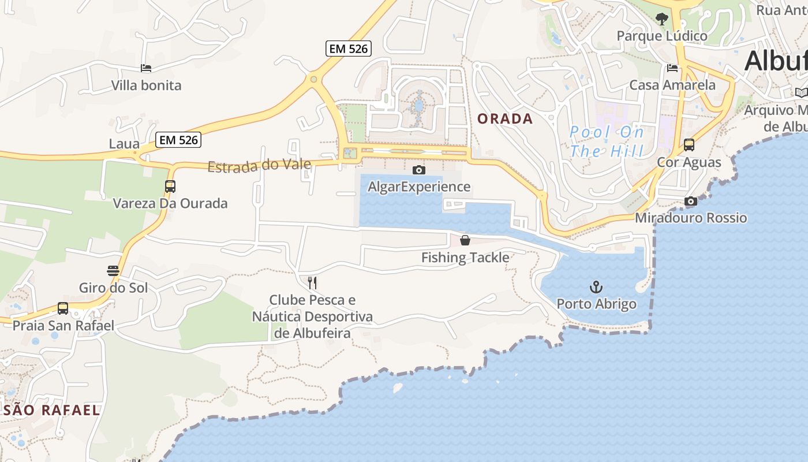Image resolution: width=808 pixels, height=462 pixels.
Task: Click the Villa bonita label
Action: pyautogui.click(x=146, y=85)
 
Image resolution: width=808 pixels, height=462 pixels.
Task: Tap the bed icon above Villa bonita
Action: pyautogui.click(x=146, y=68)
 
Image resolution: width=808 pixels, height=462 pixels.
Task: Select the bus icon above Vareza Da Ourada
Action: pyautogui.click(x=170, y=187)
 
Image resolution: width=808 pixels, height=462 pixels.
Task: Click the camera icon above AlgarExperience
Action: pyautogui.click(x=419, y=170)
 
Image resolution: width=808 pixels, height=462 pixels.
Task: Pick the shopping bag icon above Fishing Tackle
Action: pyautogui.click(x=465, y=240)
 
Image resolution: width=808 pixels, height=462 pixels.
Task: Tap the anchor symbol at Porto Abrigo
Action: pyautogui.click(x=596, y=286)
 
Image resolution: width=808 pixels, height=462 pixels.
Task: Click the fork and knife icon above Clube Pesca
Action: pyautogui.click(x=312, y=282)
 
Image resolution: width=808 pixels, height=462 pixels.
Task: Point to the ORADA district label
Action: pyautogui.click(x=505, y=119)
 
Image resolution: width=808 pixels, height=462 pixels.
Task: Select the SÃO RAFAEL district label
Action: pyautogui.click(x=52, y=410)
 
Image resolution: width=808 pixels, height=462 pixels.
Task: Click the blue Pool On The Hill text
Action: pyautogui.click(x=607, y=141)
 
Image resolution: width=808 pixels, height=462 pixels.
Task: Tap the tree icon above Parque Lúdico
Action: pyautogui.click(x=661, y=19)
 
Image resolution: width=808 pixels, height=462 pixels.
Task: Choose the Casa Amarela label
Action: pyautogui.click(x=672, y=85)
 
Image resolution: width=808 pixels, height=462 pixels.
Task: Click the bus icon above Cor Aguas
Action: pyautogui.click(x=689, y=144)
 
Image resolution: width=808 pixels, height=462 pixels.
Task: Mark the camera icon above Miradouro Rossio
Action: pyautogui.click(x=690, y=201)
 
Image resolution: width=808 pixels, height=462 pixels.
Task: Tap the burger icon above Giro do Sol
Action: pyautogui.click(x=113, y=270)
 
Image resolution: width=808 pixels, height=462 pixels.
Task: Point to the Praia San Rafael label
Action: pyautogui.click(x=63, y=325)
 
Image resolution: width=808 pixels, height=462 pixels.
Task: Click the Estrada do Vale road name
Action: pyautogui.click(x=259, y=166)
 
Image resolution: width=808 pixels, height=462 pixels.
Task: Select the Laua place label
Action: pyautogui.click(x=124, y=143)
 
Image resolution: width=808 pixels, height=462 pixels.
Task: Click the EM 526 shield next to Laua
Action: pyautogui.click(x=179, y=140)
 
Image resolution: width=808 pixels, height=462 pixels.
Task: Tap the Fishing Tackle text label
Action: pyautogui.click(x=465, y=258)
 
